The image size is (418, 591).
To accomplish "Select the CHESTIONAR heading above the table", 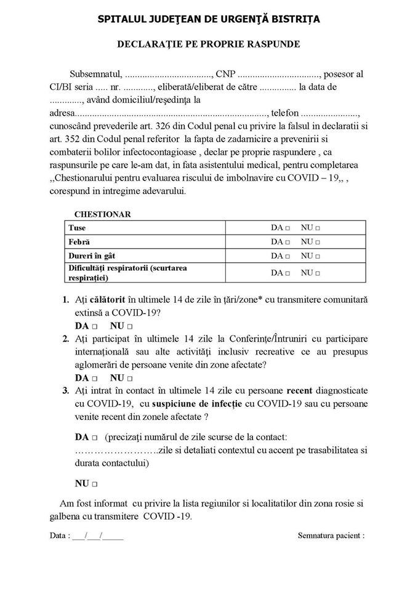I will (102, 214).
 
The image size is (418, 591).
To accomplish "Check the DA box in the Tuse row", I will (288, 228).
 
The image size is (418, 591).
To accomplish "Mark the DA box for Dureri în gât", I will (288, 256).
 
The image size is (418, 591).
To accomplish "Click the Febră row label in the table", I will (79, 241).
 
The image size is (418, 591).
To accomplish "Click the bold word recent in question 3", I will (300, 390).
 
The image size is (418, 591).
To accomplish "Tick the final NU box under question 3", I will (95, 484).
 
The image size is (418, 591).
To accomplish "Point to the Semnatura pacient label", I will (331, 536).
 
